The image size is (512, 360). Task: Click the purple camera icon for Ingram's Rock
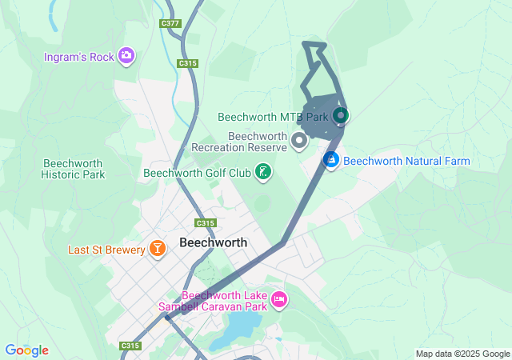(x=126, y=55)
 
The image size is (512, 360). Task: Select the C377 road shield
(x=170, y=23)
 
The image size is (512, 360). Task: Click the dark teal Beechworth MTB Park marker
(x=340, y=116)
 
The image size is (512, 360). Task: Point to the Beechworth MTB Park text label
(x=274, y=117)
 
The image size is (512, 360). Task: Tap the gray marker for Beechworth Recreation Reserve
(x=300, y=142)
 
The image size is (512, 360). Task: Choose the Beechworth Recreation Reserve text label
(x=239, y=142)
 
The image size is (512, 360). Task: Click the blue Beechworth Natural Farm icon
(x=330, y=160)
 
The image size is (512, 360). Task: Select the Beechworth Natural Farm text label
(x=406, y=161)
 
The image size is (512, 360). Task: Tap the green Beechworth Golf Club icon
(x=262, y=171)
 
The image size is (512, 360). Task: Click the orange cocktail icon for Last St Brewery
(x=157, y=250)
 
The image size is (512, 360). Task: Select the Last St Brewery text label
(x=106, y=250)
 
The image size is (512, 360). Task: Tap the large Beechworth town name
(x=214, y=242)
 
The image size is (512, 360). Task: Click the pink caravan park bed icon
(x=278, y=300)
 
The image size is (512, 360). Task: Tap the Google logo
(x=26, y=350)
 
